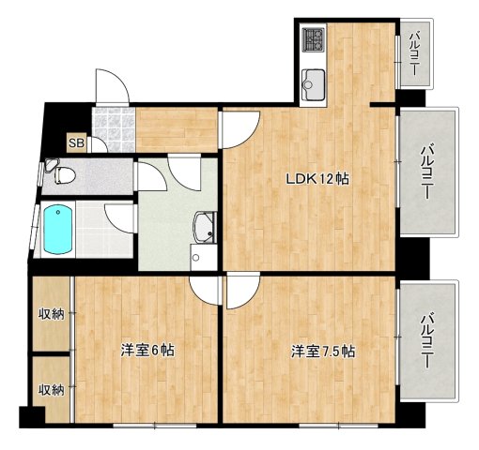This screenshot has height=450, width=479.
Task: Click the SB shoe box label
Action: point(75,143)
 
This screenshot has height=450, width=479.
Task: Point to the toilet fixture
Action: point(60,173)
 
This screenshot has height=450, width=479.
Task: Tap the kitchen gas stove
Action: point(313,40)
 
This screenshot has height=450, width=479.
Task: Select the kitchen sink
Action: point(313,78)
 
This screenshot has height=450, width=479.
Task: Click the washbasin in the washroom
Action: point(202,226)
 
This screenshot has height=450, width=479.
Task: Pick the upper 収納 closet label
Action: point(51,314)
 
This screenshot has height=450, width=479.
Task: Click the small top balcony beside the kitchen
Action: point(414,53)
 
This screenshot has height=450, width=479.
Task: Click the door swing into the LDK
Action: point(239,127)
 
